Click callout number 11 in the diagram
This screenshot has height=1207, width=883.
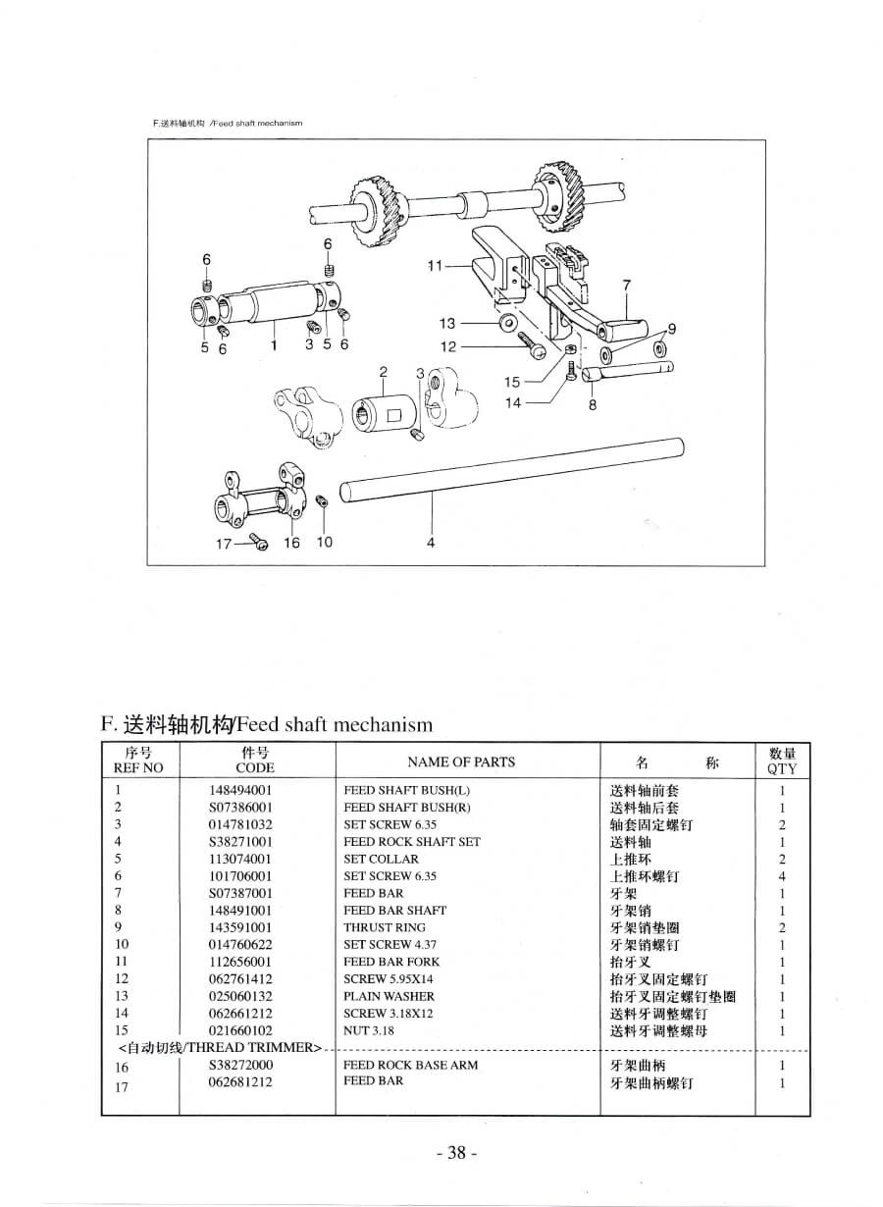pos(435,266)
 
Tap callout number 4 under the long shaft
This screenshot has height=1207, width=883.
pos(431,543)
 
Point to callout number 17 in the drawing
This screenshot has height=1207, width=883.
pos(223,545)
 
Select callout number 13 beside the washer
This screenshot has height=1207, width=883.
pos(447,323)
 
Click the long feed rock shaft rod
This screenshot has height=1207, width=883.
pos(512,470)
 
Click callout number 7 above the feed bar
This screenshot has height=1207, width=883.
pos(626,285)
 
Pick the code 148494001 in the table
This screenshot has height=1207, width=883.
pos(240,791)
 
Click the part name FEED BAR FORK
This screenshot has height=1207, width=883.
pos(391,962)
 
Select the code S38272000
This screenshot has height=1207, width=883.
pos(240,1066)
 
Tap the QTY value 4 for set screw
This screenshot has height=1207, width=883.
pos(782,876)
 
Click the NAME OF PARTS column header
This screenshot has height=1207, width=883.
pos(461,761)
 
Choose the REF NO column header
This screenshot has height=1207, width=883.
pos(138,767)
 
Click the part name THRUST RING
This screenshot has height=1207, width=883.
pos(385,927)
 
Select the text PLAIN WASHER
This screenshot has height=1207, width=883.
pos(389,996)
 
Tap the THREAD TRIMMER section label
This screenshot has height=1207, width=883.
pos(219,1048)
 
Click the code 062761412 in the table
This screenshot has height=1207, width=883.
pos(240,979)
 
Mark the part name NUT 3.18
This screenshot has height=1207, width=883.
pos(369,1030)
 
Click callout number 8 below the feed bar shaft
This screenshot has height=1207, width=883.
pos(593,404)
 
